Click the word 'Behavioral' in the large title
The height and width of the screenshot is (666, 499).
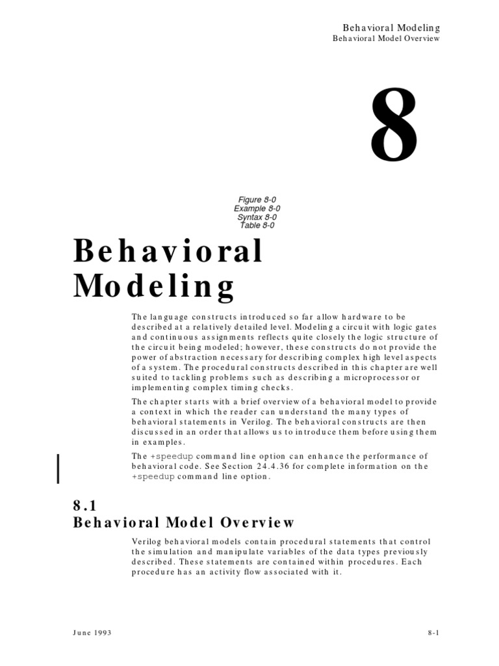(x=168, y=252)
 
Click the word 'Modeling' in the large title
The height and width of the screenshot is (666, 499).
(x=155, y=286)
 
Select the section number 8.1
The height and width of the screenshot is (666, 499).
(x=86, y=505)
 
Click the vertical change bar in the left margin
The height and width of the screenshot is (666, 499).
(x=59, y=460)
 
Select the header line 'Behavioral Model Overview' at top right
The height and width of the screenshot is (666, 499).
(x=387, y=38)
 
